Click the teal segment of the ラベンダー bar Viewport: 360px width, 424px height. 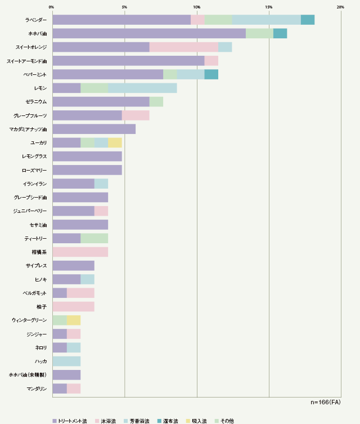click(308, 20)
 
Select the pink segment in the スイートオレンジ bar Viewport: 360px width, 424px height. click(184, 47)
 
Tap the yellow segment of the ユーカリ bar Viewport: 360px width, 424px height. click(115, 142)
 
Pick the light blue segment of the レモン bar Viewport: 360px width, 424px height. click(142, 88)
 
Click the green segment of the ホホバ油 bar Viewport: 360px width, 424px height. click(259, 33)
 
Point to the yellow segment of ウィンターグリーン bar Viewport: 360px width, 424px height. click(74, 320)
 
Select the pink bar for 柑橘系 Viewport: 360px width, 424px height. click(80, 252)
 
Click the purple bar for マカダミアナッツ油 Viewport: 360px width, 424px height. click(94, 129)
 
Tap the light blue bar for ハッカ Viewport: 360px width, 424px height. click(66, 361)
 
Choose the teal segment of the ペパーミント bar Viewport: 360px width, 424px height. click(211, 74)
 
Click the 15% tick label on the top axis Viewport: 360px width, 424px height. click(269, 7)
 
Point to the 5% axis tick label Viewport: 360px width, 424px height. click(124, 7)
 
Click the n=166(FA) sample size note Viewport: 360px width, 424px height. click(326, 403)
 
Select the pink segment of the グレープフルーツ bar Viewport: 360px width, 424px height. click(136, 115)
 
